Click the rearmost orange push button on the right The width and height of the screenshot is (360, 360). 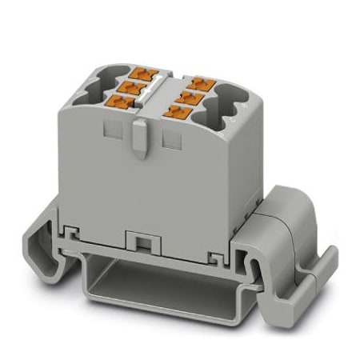coord(196,82)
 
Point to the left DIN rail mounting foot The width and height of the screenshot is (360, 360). coord(60,240)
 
